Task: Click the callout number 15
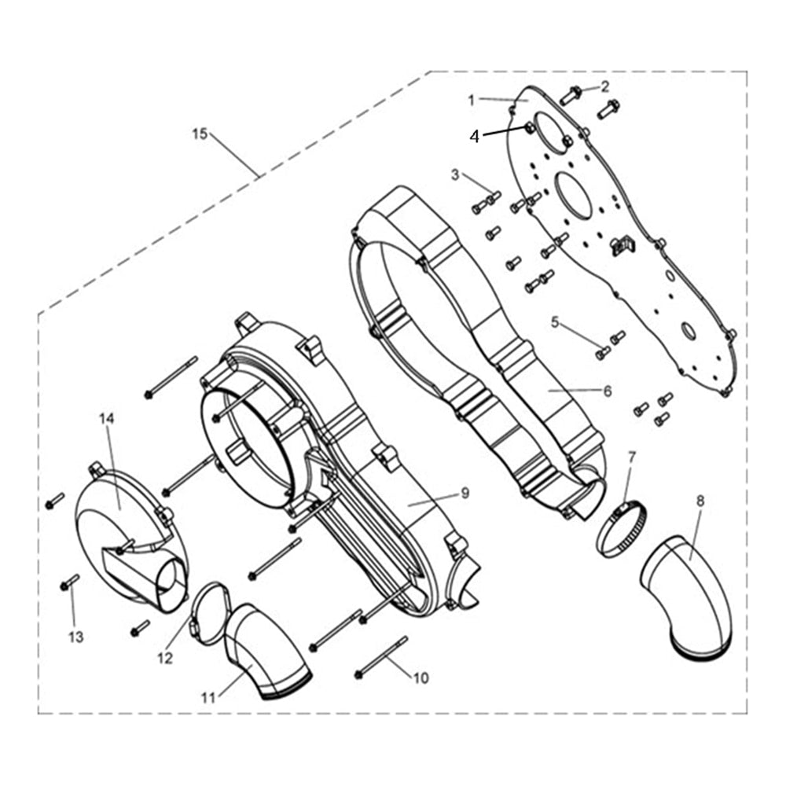coord(200,134)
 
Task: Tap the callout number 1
coord(472,100)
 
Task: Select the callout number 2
coord(605,86)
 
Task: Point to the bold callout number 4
coord(474,136)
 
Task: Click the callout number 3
coord(454,173)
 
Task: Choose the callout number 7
coord(632,457)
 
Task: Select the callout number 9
coord(465,493)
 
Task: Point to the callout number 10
coord(421,678)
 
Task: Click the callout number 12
coord(164,659)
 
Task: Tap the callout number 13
coord(75,637)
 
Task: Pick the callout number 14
coord(106,418)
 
